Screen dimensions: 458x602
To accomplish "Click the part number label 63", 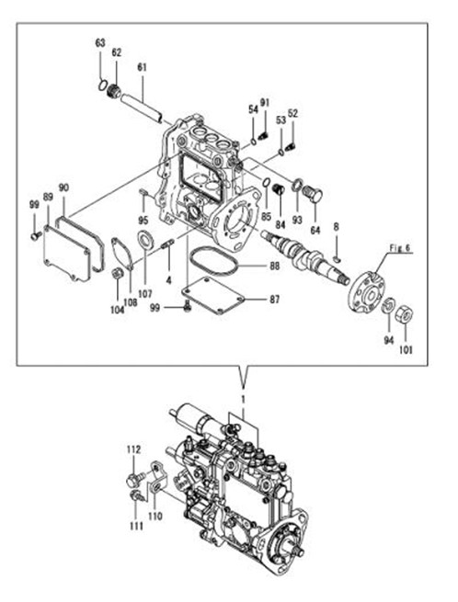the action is pos(100,43).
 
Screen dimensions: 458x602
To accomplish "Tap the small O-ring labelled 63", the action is pos(102,85).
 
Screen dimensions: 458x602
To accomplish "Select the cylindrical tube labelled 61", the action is pos(142,109).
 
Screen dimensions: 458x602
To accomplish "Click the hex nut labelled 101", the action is pos(405,314).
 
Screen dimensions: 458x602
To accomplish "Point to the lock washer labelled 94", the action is pos(388,305).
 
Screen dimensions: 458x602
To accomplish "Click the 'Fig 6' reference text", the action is pos(399,248).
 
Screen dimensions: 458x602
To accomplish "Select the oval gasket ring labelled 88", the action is pos(214,261).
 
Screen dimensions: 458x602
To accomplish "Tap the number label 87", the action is pos(274,299).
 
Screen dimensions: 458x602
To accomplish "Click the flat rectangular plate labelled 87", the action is pos(212,296).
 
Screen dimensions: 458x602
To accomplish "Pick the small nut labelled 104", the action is pos(117,274).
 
